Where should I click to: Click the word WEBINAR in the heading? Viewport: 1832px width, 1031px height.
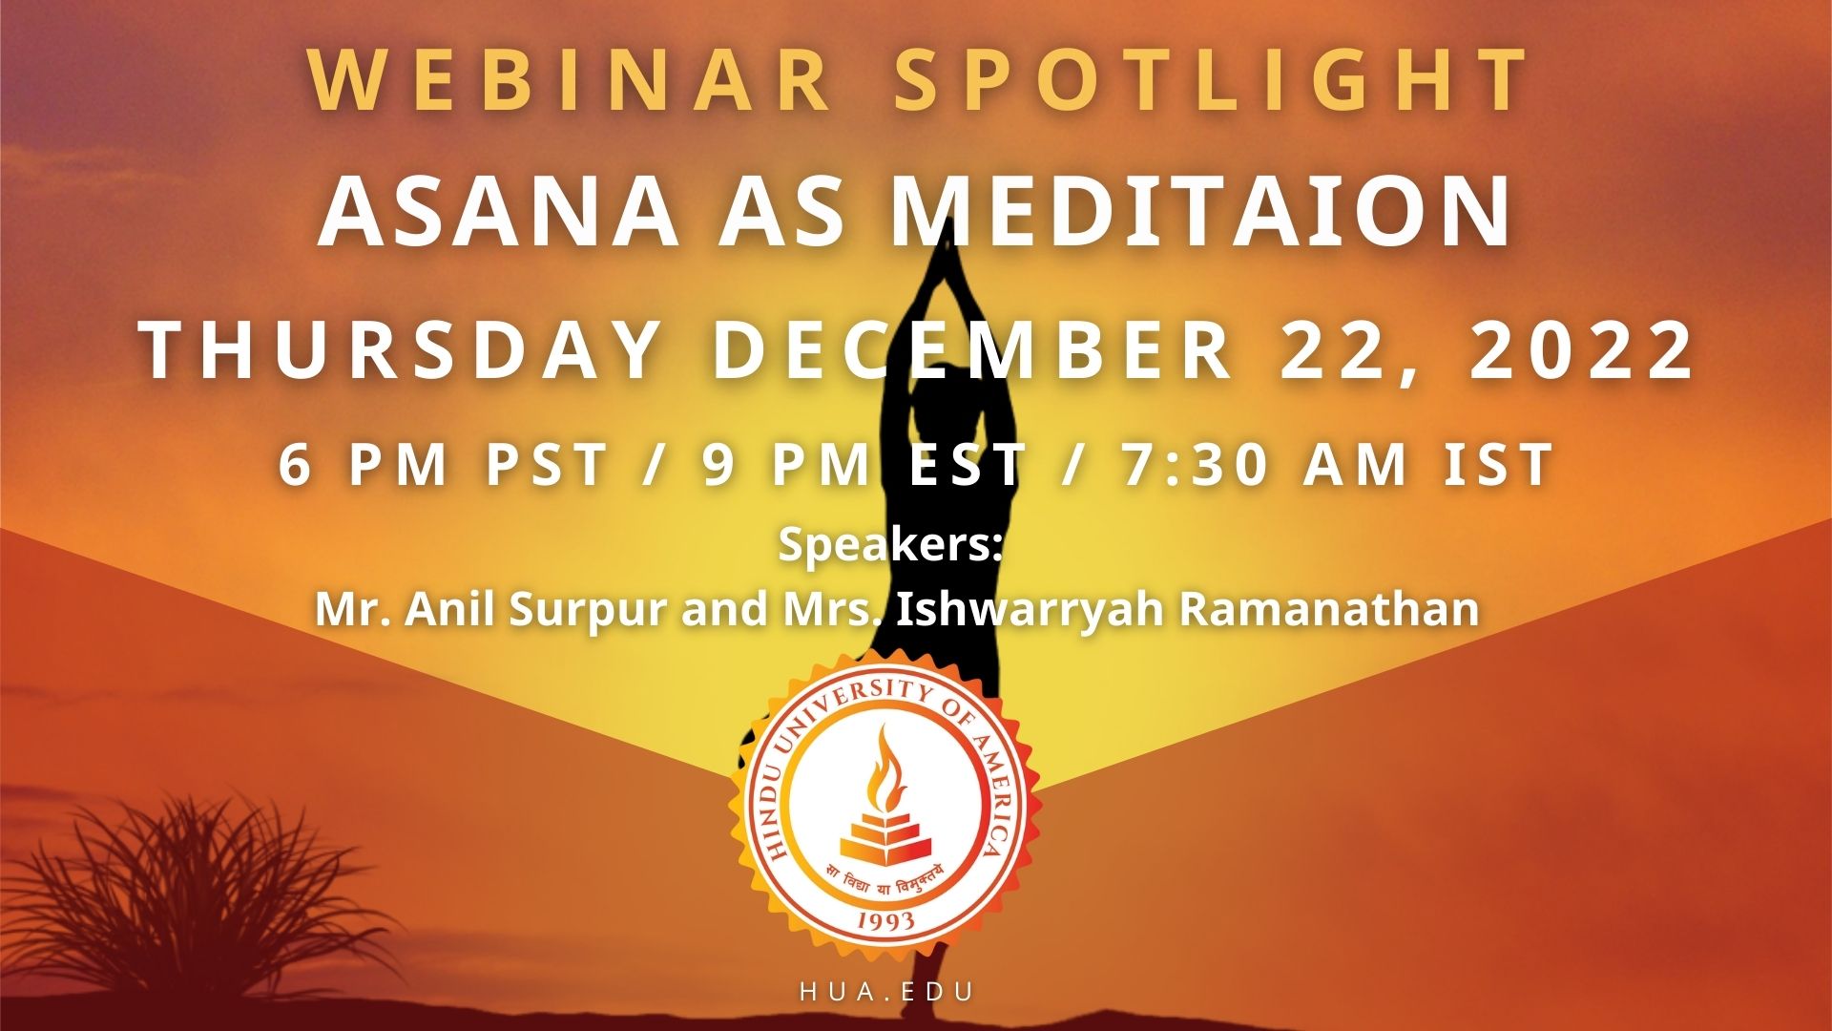click(571, 79)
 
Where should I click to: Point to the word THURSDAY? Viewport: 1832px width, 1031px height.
click(402, 350)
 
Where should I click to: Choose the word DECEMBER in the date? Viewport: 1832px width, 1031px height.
click(972, 350)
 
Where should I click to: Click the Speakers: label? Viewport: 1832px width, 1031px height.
click(888, 545)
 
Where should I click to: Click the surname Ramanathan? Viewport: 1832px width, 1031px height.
click(1329, 608)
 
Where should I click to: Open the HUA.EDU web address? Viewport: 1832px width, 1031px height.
click(887, 992)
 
